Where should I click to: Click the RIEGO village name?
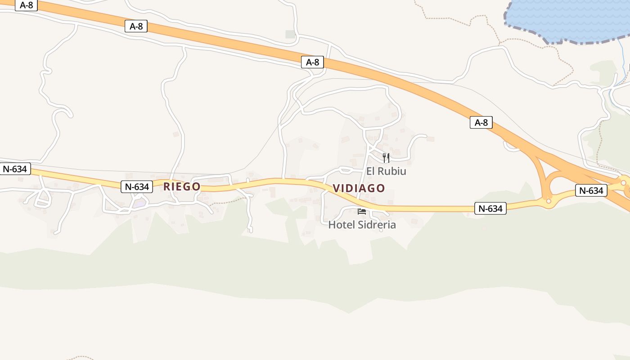pos(182,186)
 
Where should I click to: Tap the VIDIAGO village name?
pos(359,188)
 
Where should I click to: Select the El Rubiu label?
pos(386,171)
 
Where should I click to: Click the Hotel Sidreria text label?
pos(362,225)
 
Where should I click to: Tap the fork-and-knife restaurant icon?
pos(386,157)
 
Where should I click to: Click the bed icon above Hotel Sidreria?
pos(362,211)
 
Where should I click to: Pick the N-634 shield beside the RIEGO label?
pos(137,186)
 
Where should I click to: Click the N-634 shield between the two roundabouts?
pos(591,190)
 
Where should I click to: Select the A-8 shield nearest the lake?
pos(481,122)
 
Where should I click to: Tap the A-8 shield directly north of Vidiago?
pos(312,62)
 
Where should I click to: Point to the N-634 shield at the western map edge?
pos(15,169)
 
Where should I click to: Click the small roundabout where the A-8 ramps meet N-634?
pos(549,201)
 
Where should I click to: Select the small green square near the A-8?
pos(291,34)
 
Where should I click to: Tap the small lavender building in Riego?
pos(140,203)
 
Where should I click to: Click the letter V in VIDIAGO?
pos(336,188)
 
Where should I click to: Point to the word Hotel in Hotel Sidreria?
pos(341,225)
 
